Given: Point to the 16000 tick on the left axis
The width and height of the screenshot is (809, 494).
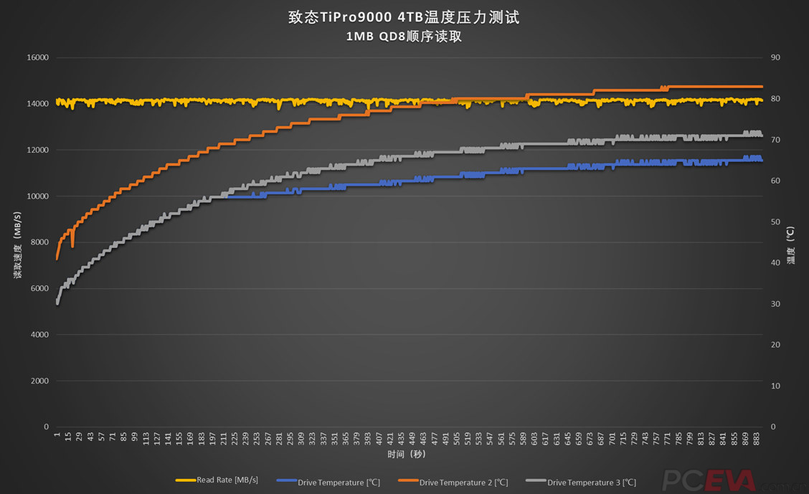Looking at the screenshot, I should click(37, 57).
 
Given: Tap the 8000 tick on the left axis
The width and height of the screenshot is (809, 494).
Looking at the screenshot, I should click(39, 242).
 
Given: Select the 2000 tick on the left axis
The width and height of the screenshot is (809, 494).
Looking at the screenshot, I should click(39, 381).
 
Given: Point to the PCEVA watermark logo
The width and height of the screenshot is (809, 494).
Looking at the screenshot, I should click(699, 480).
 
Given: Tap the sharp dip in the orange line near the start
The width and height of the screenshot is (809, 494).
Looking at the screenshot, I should click(72, 246).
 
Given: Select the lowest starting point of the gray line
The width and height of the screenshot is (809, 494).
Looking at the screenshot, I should click(57, 304).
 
